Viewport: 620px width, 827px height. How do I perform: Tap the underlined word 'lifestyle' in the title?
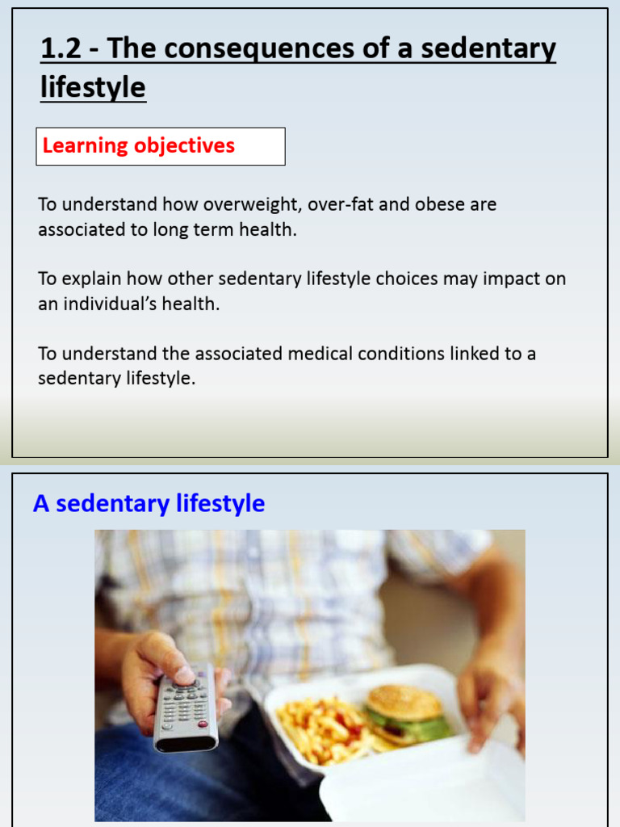(x=93, y=87)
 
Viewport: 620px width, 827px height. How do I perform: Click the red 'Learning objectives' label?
(x=139, y=146)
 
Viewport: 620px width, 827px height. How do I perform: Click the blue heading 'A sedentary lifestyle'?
(x=149, y=504)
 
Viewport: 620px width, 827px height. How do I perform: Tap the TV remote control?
(x=185, y=706)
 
